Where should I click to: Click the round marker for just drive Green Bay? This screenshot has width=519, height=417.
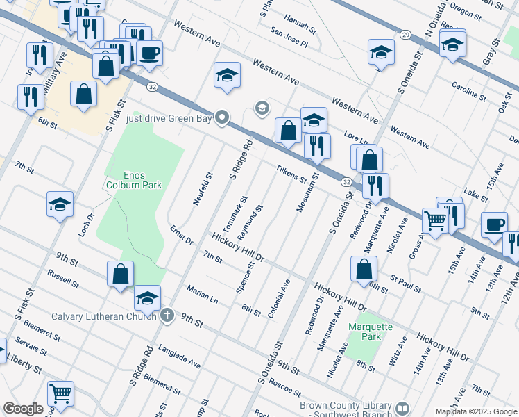click(222, 117)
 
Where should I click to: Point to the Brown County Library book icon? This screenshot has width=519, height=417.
click(403, 407)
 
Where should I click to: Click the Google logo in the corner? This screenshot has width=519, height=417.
click(23, 409)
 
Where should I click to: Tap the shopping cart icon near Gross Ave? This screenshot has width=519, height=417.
click(435, 220)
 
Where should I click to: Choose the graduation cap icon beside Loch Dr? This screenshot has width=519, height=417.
click(60, 204)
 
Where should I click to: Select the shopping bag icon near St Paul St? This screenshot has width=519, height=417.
click(364, 269)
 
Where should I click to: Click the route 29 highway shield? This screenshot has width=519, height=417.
click(405, 34)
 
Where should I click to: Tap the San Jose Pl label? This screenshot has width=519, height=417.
click(289, 37)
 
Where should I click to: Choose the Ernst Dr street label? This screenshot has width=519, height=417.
click(180, 236)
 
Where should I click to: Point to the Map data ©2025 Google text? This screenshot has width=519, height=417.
click(477, 411)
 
